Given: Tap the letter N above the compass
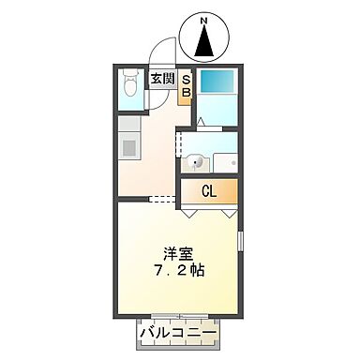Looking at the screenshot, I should tap(206, 18).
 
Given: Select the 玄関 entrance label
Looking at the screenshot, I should tap(160, 80).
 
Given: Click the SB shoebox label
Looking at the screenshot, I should tap(186, 85).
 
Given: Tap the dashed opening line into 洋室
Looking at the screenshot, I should tap(162, 199).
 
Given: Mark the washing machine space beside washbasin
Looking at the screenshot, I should tap(224, 160).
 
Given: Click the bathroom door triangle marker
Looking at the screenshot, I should tap(200, 122).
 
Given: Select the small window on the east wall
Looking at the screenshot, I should tap(240, 241).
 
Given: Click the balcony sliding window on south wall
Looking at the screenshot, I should tap(177, 317).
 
